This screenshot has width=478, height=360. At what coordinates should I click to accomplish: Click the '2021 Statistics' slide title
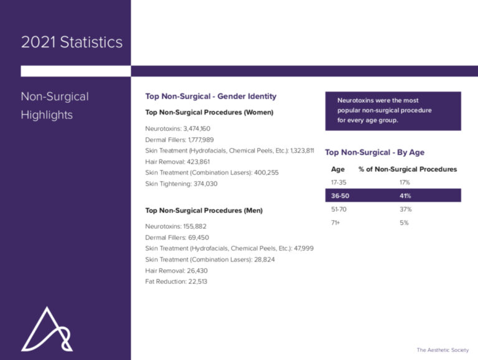click(x=72, y=43)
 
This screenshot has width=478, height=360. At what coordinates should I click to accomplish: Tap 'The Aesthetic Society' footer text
click(x=443, y=350)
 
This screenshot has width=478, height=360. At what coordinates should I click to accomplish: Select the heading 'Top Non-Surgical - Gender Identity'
click(x=210, y=97)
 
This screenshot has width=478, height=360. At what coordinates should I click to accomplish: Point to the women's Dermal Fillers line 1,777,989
click(x=179, y=140)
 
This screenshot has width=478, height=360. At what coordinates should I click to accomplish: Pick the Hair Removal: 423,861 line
click(x=177, y=161)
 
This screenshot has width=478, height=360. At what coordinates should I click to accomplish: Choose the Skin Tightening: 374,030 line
click(x=181, y=184)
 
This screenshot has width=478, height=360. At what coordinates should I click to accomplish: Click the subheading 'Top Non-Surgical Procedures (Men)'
click(x=204, y=211)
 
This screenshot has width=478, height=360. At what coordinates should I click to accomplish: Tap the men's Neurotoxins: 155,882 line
click(x=176, y=226)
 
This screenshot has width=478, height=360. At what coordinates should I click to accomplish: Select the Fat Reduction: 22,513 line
click(x=176, y=282)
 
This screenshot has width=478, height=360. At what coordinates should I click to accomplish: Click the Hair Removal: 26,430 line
click(x=177, y=270)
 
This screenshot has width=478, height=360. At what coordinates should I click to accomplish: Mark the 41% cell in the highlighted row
click(x=405, y=196)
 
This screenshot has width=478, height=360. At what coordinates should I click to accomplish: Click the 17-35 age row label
click(x=339, y=182)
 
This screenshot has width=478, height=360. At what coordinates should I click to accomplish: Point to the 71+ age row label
click(x=336, y=222)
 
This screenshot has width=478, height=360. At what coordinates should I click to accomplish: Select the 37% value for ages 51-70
click(x=405, y=209)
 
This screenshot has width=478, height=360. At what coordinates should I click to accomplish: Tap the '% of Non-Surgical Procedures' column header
click(x=408, y=169)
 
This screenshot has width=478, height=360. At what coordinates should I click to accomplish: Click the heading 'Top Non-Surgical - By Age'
click(x=375, y=153)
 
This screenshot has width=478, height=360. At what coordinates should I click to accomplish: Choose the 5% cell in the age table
click(x=404, y=222)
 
